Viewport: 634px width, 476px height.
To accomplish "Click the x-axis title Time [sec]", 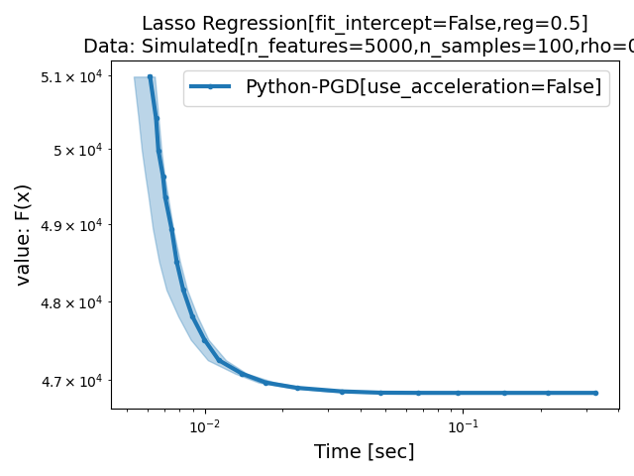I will click(x=364, y=451).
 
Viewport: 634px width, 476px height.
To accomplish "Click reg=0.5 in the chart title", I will click(x=551, y=23).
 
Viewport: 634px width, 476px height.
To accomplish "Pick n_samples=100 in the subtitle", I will click(x=485, y=46).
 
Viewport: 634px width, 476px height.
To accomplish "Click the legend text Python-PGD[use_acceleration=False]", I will click(x=423, y=86).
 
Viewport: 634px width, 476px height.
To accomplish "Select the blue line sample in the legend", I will click(x=210, y=86).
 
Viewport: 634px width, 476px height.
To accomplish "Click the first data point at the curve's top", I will click(x=150, y=76).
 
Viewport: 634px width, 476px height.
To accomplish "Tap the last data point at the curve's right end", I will click(x=595, y=393).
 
